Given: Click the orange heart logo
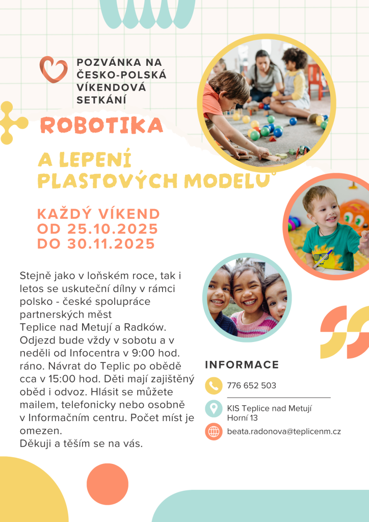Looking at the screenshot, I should coord(53,69).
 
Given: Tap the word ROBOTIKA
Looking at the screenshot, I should coord(100,125).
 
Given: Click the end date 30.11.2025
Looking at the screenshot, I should coord(111,244).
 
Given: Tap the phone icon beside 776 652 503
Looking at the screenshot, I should coord(214,386).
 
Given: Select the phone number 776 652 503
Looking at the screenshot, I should coord(251,386).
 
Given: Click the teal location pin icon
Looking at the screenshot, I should coord(214,408).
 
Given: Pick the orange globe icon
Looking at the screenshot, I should coord(214,431).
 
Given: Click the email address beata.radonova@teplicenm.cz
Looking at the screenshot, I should coord(284,431).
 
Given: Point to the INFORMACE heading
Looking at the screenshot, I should coord(242,365).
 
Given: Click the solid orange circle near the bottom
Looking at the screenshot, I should coord(108,484).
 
